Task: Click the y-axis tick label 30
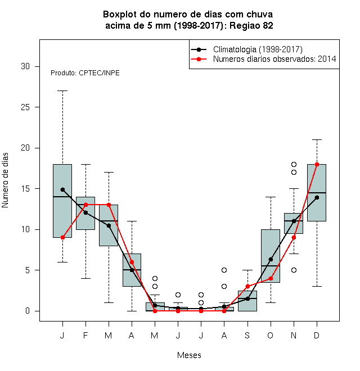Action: pyautogui.click(x=25, y=66)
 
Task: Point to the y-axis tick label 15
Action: pyautogui.click(x=25, y=189)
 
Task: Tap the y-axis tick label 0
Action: pyautogui.click(x=28, y=311)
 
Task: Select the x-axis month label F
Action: pyautogui.click(x=85, y=335)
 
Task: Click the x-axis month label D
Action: pyautogui.click(x=317, y=335)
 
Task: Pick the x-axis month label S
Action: pyautogui.click(x=247, y=335)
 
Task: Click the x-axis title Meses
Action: pyautogui.click(x=189, y=355)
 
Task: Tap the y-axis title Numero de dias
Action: pyautogui.click(x=5, y=180)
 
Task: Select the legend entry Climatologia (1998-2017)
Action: pyautogui.click(x=258, y=49)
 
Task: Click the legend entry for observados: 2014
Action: pyautogui.click(x=274, y=59)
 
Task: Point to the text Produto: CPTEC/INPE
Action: pyautogui.click(x=85, y=73)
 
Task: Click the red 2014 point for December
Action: pyautogui.click(x=317, y=164)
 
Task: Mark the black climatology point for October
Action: pyautogui.click(x=271, y=259)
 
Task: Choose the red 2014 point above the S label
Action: pyautogui.click(x=247, y=286)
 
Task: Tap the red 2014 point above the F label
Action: pyautogui.click(x=85, y=205)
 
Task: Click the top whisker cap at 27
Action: pyautogui.click(x=62, y=91)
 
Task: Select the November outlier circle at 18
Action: pyautogui.click(x=294, y=164)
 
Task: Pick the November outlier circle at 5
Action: pyautogui.click(x=294, y=270)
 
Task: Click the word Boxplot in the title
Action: pyautogui.click(x=120, y=15)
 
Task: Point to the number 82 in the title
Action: pyautogui.click(x=268, y=25)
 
